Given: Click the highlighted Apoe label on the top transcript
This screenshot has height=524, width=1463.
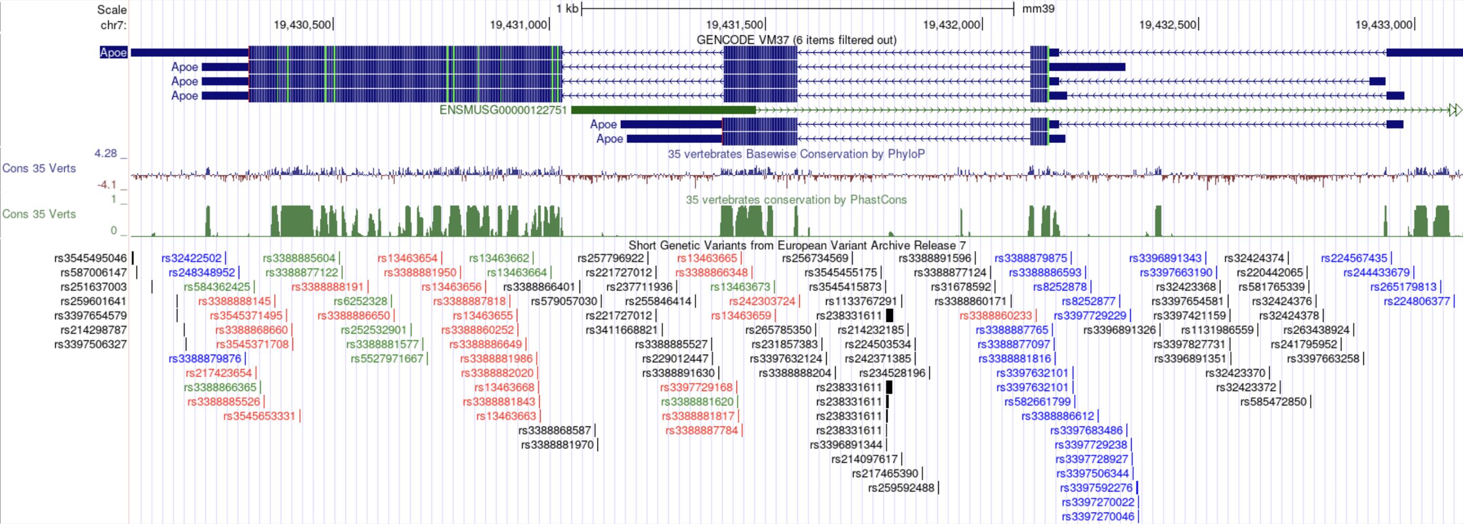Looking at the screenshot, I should coord(113,53).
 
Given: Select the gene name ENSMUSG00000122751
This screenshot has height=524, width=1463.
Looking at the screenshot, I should coord(502,110).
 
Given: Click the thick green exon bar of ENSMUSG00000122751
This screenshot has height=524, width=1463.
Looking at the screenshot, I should coord(663,110).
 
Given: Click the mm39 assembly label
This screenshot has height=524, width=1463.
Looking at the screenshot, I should coord(1038,9).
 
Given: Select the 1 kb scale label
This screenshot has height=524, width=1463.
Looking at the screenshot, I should coord(567,9).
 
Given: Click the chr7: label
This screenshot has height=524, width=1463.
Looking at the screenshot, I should coord(114,25).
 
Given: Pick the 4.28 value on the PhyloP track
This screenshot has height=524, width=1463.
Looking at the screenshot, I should coord(106,153).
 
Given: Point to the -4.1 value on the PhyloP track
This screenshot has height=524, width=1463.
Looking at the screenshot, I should coord(107,184).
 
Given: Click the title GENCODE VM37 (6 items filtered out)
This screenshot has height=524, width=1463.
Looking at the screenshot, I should coord(796,39).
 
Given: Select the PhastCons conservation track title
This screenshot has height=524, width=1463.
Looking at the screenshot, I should coord(796,200).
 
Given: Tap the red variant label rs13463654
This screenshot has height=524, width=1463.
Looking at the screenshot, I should coord(407,258).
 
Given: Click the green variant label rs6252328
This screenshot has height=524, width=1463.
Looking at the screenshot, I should coord(360,301).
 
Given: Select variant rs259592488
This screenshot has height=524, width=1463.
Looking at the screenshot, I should coord(901,488).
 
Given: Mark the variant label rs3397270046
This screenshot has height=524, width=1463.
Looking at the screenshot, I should coord(1098,517).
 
